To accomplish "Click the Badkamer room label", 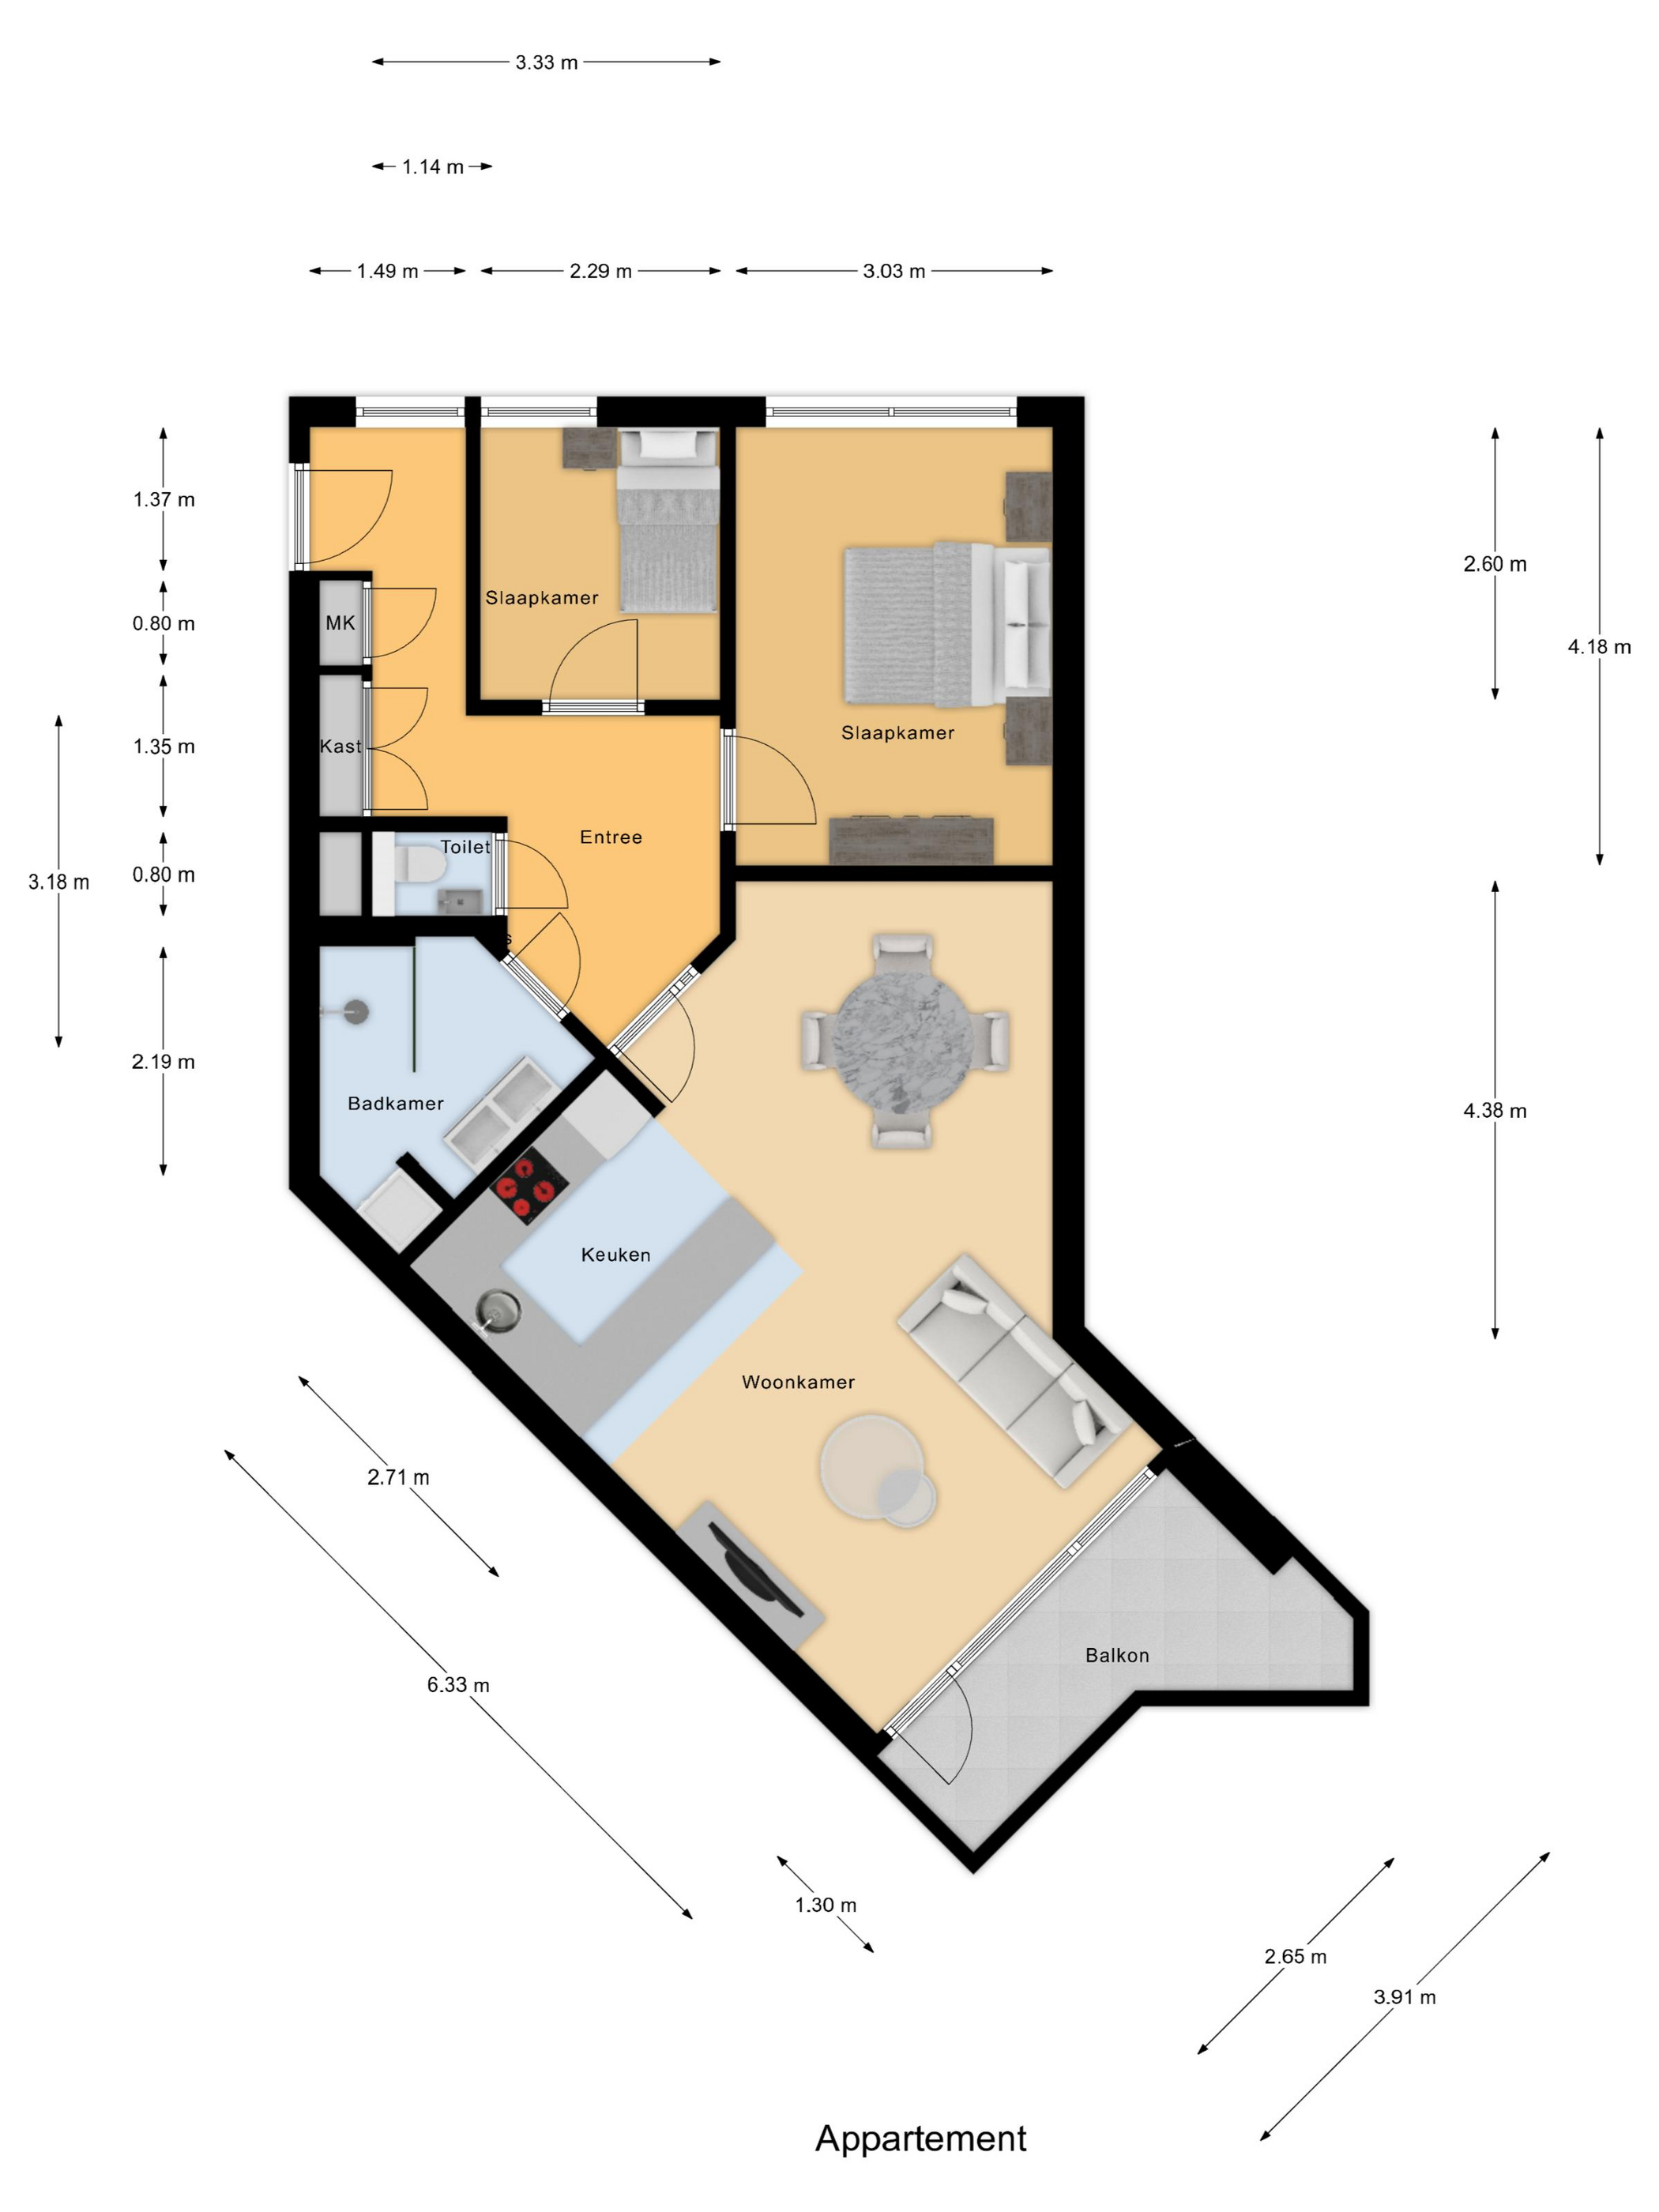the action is tap(395, 1103).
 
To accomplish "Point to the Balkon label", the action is tap(1117, 1655).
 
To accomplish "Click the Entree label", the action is tap(611, 837).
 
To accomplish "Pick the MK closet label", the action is tap(340, 623).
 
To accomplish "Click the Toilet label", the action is tap(465, 846).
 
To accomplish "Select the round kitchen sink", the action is tap(498, 1310).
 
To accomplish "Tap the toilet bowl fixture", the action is tap(418, 864).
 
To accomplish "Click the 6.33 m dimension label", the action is tap(458, 1684).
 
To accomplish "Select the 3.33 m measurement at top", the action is tap(546, 62).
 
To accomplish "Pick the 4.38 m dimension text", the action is tap(1494, 1110).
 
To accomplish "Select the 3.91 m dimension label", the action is tap(1404, 1996).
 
